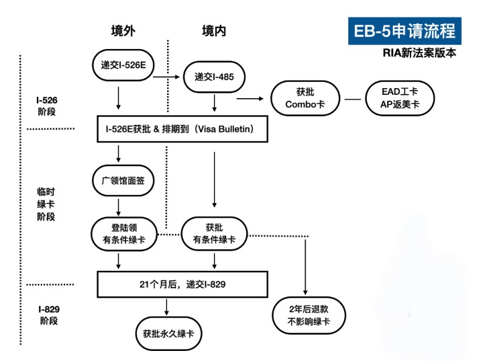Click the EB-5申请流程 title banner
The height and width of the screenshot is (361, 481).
click(405, 30)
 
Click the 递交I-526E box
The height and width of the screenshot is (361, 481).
click(119, 65)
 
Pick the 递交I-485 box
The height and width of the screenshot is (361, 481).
click(214, 77)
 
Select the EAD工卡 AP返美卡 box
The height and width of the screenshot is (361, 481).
click(394, 99)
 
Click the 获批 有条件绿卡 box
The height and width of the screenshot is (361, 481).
click(215, 234)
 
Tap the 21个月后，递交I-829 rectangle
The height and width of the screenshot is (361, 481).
click(182, 284)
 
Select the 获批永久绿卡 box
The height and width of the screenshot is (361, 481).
click(168, 333)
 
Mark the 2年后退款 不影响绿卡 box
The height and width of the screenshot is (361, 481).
click(308, 315)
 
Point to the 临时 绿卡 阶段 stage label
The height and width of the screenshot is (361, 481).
click(46, 204)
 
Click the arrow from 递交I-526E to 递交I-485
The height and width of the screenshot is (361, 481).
click(167, 77)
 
